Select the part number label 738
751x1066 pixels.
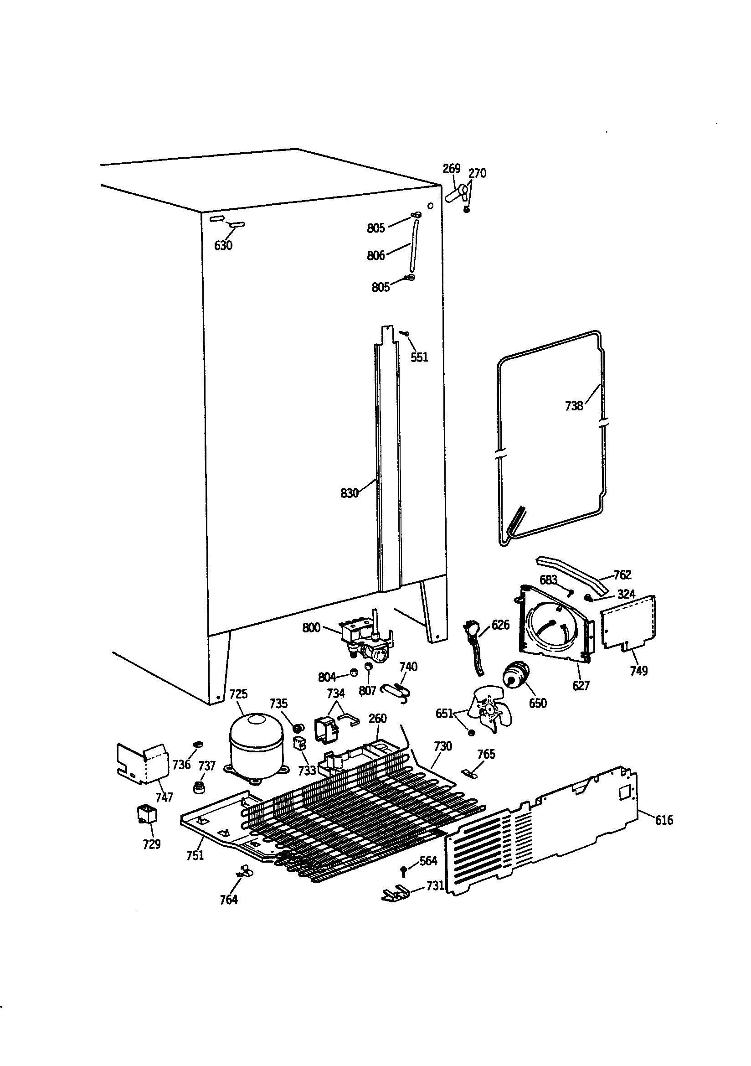tap(574, 406)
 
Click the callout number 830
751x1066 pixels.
tap(349, 493)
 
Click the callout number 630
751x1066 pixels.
tap(223, 246)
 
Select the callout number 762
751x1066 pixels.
tap(622, 575)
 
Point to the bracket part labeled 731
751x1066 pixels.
tap(395, 893)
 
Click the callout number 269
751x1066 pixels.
tap(451, 169)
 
